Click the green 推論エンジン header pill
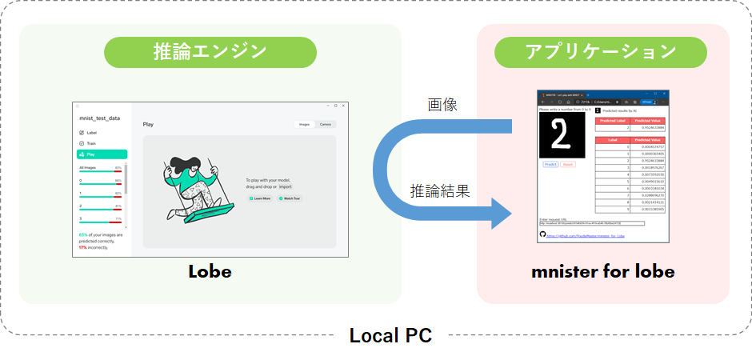210,53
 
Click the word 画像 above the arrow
442,105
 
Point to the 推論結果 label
440,191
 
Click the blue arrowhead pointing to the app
499,214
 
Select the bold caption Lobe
210,271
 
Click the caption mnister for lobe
602,271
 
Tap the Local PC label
390,335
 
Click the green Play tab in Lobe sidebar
102,154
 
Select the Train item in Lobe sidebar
91,143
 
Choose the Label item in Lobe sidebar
91,133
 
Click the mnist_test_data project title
100,118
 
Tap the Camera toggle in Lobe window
326,125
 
